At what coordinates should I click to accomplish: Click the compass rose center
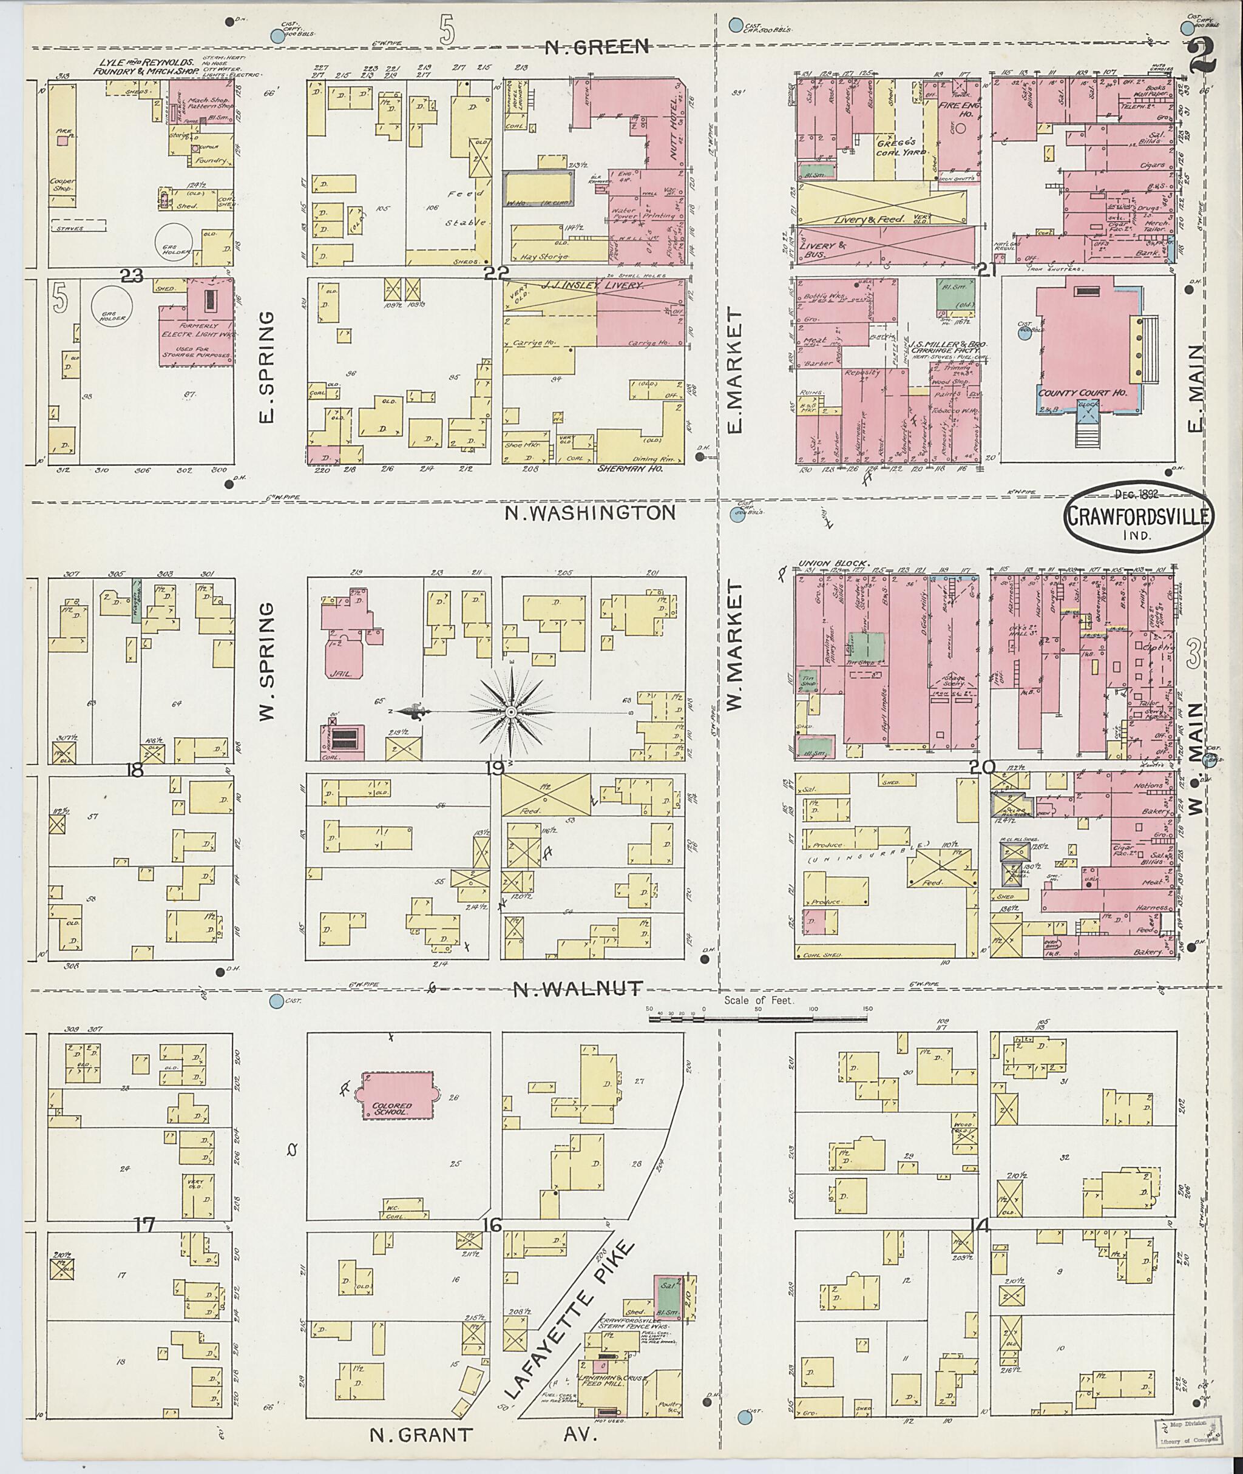512,712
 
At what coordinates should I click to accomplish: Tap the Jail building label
340,674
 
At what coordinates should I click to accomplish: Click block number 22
495,274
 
